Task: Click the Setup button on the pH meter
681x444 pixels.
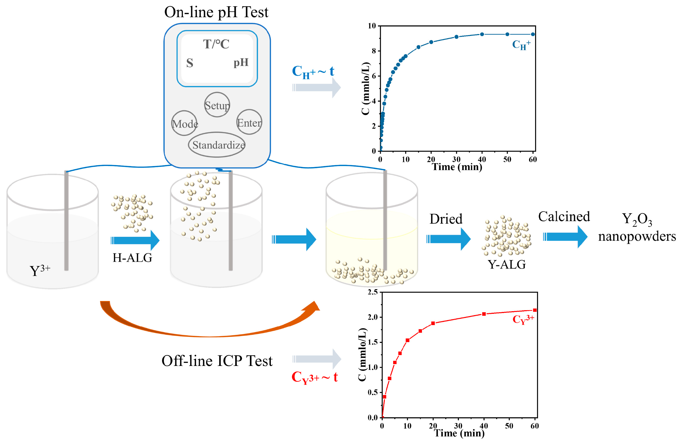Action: [x=217, y=105]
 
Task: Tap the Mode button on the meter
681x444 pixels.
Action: [x=185, y=123]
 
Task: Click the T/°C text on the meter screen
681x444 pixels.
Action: [x=216, y=44]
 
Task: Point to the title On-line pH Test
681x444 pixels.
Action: [x=216, y=12]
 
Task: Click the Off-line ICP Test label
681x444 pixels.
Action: [x=217, y=361]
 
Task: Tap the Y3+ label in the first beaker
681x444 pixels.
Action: [x=40, y=270]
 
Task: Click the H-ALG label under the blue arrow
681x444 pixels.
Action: [x=132, y=258]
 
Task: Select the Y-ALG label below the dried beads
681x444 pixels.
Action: [x=507, y=264]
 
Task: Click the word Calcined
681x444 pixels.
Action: [x=564, y=216]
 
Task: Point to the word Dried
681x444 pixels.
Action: [x=446, y=219]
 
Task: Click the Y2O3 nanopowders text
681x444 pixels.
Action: [x=637, y=228]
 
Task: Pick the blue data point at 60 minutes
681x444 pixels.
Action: [x=533, y=34]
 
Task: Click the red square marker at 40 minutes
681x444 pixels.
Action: [x=484, y=314]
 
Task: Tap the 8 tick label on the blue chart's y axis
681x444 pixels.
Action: [x=374, y=51]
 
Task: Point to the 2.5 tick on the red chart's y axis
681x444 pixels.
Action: [x=372, y=292]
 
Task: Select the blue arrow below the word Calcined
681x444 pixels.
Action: [x=565, y=237]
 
